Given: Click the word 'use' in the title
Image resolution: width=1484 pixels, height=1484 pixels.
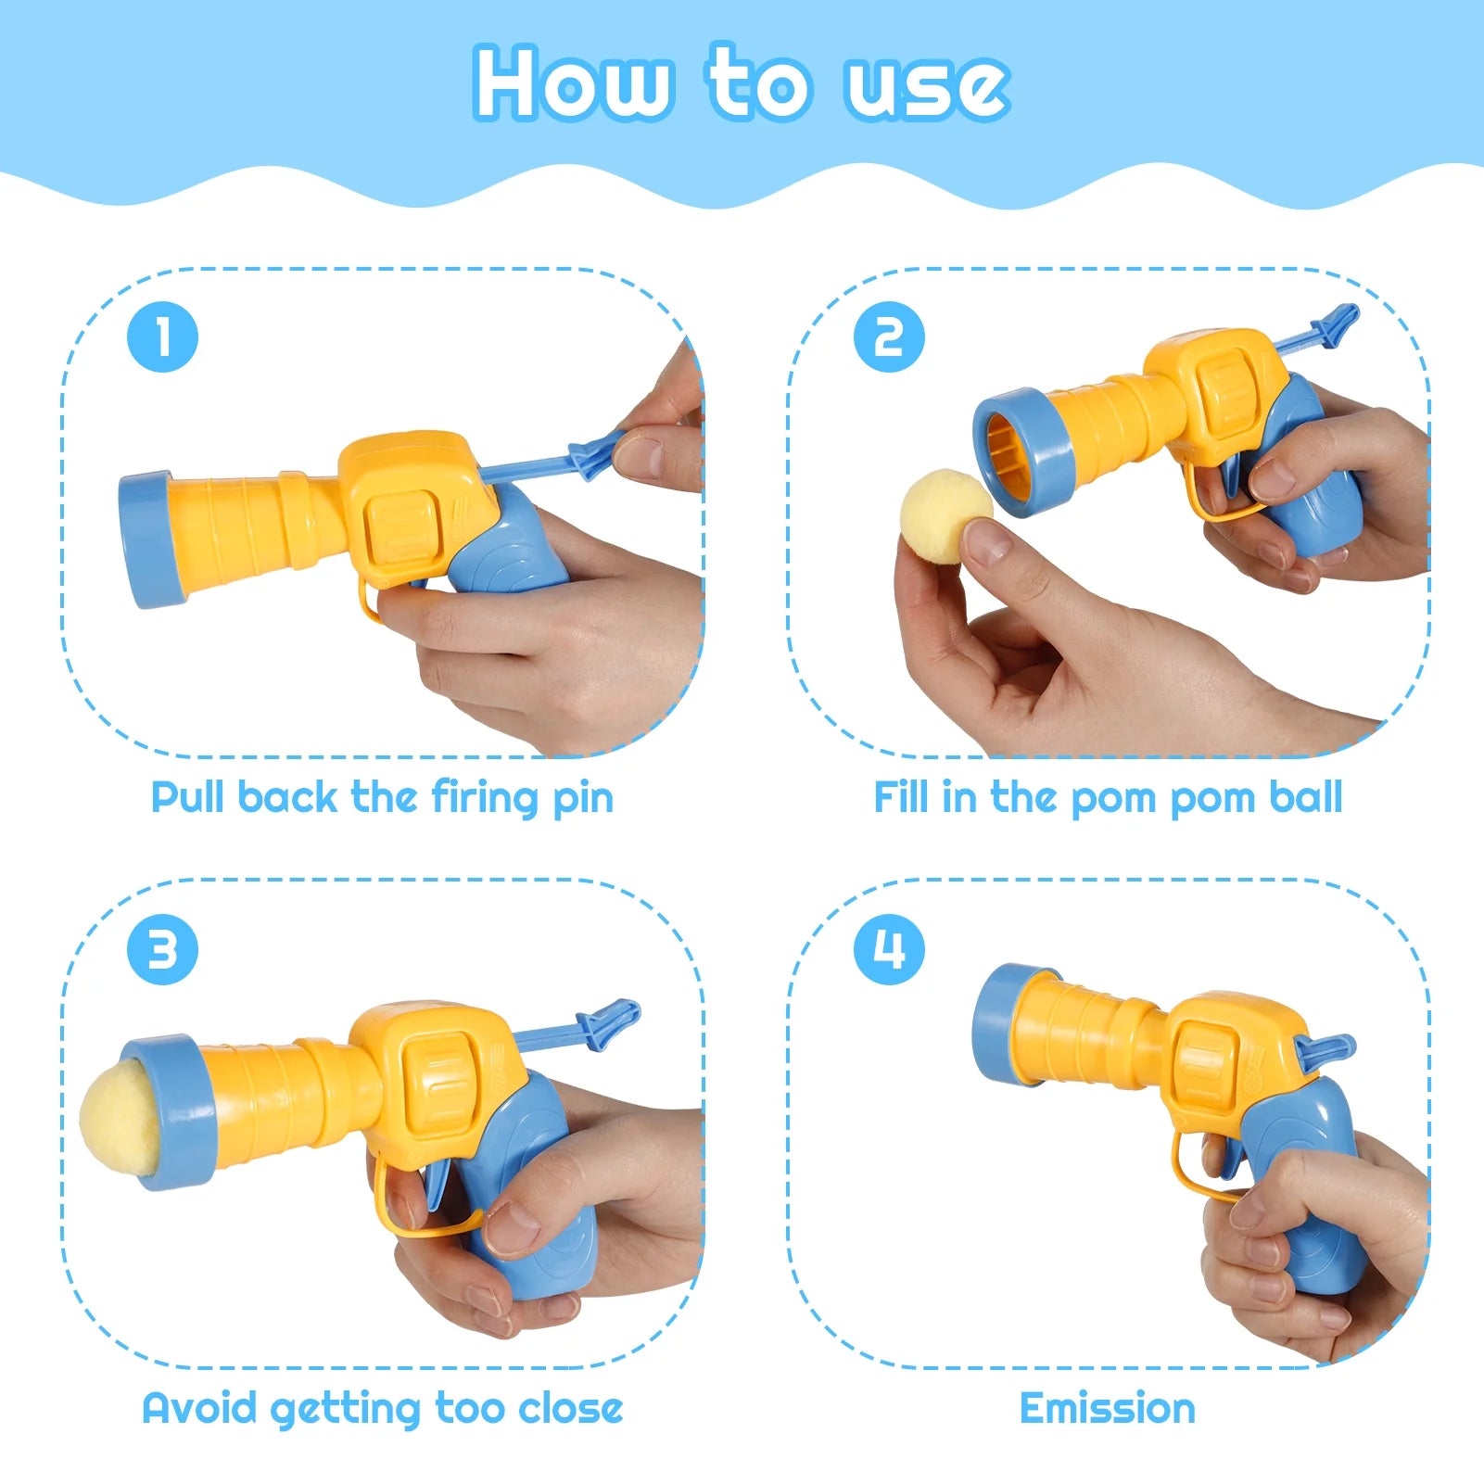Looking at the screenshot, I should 925,85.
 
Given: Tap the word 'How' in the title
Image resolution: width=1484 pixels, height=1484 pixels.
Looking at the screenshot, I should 573,83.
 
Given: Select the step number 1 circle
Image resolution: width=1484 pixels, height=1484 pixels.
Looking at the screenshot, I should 162,336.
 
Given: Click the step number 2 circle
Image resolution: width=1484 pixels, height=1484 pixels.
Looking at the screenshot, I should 889,336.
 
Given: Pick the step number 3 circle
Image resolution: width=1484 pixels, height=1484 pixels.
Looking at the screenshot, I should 162,949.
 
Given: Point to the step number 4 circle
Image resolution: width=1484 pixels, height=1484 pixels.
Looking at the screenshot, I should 889,949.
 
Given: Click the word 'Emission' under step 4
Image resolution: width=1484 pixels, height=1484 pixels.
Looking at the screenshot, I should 1107,1408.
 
